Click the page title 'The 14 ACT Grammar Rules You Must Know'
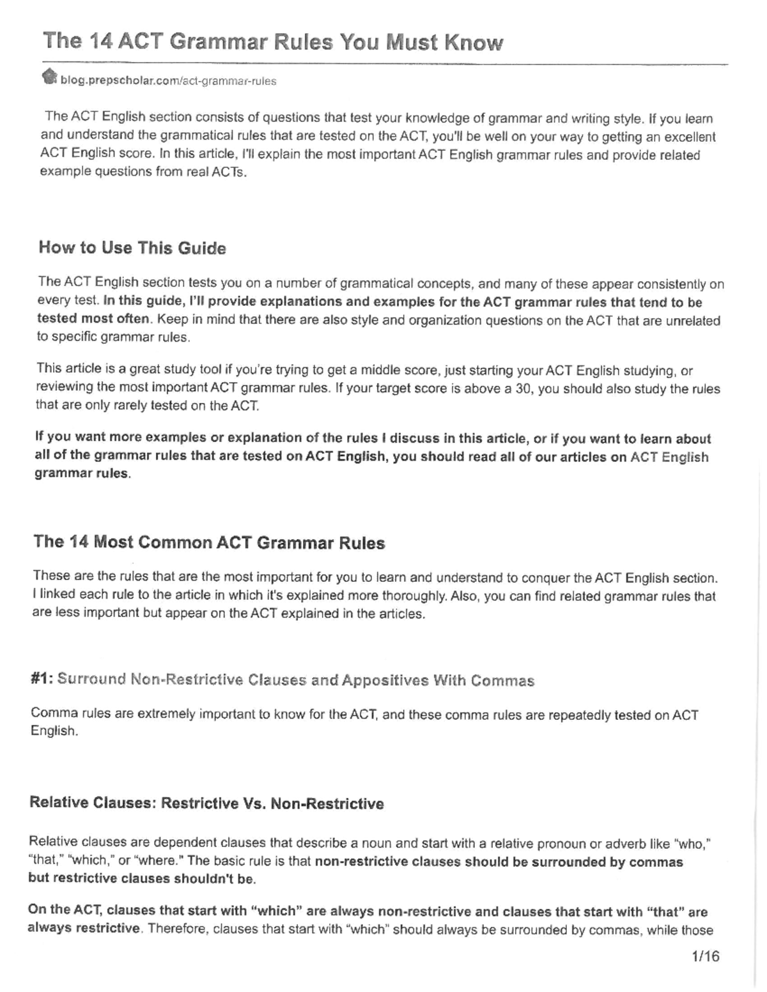coord(273,42)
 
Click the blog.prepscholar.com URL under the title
coord(168,81)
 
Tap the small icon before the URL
coord(49,78)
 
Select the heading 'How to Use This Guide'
coord(132,248)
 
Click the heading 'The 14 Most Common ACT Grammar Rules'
coord(209,542)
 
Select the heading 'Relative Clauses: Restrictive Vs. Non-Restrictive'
coord(206,803)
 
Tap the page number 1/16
coord(705,956)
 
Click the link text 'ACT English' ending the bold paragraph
coord(669,457)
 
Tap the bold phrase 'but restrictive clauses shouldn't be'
coord(141,878)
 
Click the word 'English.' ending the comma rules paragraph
coord(54,731)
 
